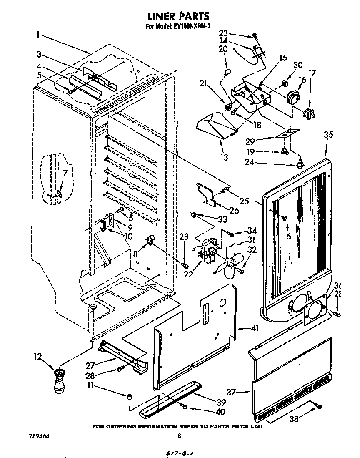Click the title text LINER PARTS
click(178, 16)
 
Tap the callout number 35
click(328, 135)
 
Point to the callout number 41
click(254, 328)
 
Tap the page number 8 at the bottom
click(179, 436)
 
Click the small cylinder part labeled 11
click(129, 395)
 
